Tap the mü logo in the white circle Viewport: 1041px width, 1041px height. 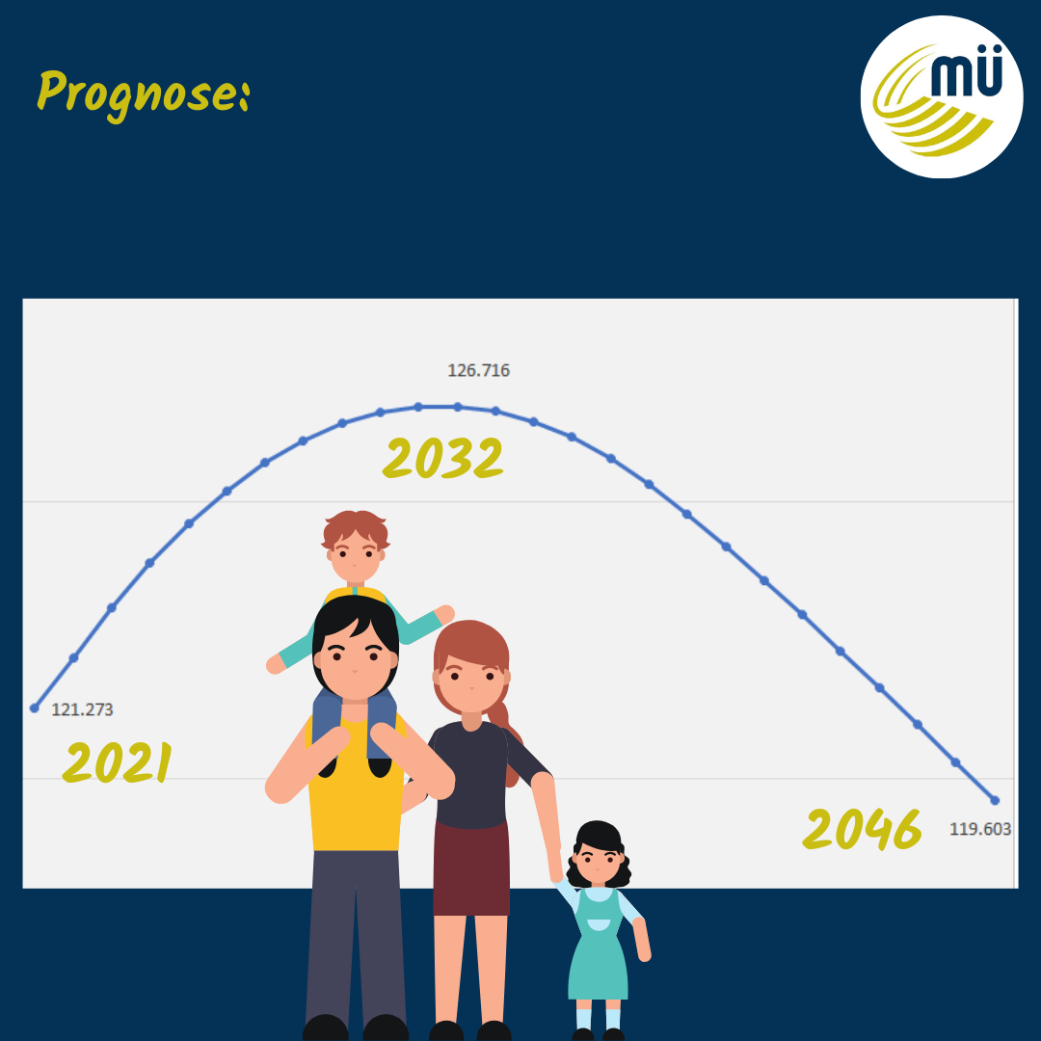[942, 97]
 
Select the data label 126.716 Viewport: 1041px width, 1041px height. [479, 370]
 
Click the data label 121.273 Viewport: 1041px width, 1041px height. [82, 709]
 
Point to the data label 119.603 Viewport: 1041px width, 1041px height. [980, 829]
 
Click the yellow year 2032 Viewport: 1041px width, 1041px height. [442, 458]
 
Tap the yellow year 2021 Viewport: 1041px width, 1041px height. [117, 762]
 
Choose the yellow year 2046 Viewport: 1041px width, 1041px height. [863, 829]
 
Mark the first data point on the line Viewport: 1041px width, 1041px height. [35, 708]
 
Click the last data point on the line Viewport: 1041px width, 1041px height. [995, 801]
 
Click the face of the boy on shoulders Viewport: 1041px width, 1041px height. [355, 554]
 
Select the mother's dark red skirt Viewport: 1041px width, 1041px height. [471, 868]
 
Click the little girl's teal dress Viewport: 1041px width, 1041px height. [599, 949]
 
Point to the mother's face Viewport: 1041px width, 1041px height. [471, 681]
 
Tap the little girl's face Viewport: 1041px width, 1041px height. [599, 863]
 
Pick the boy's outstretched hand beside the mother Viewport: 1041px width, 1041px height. [444, 615]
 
